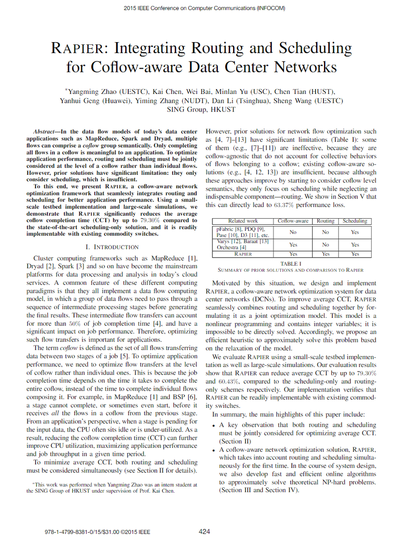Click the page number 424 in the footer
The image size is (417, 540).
point(205,531)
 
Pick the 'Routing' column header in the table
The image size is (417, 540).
point(325,221)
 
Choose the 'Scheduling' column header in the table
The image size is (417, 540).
point(355,221)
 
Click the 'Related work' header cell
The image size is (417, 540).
point(243,221)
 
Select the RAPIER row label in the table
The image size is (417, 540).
point(243,254)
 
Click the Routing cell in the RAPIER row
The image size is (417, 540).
point(325,254)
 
